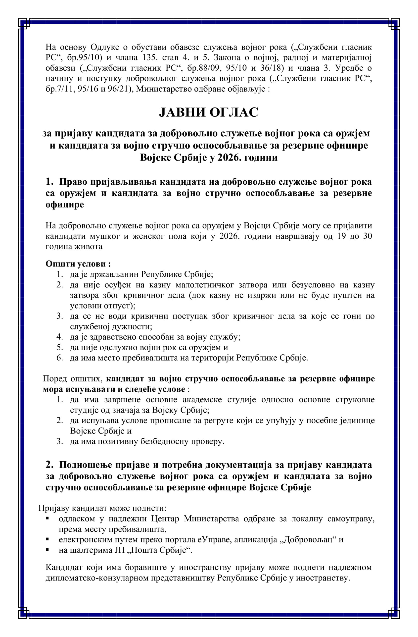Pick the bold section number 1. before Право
50,182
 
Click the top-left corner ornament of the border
24,24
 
